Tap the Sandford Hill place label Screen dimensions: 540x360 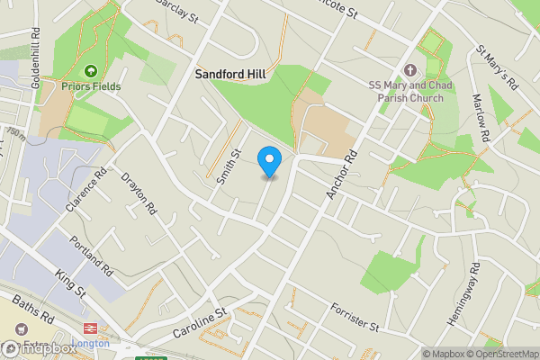(x=231, y=76)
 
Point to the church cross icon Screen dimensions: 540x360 (x=410, y=70)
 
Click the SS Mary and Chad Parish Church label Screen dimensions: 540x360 (x=410, y=90)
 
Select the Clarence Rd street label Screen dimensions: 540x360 (x=86, y=189)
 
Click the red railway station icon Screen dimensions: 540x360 (x=90, y=329)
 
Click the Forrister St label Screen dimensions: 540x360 (x=356, y=315)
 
